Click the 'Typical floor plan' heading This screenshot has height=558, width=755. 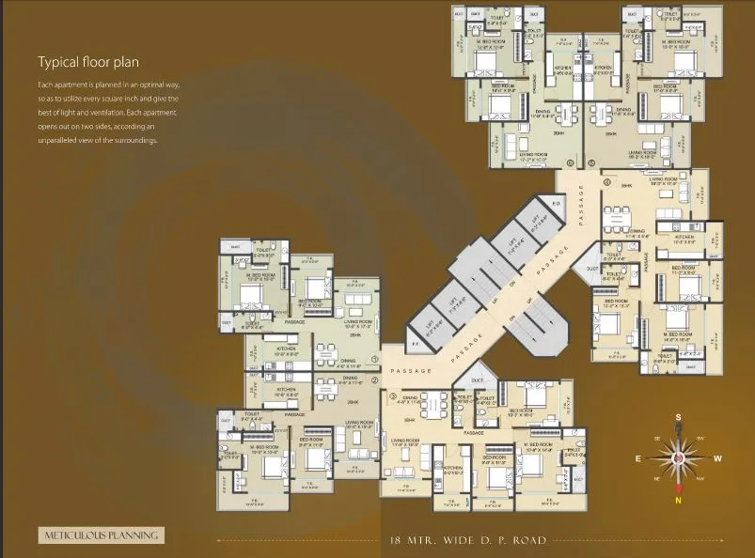click(88, 63)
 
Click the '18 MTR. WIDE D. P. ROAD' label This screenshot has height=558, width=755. click(468, 540)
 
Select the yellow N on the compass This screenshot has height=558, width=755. click(678, 500)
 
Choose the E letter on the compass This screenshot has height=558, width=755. click(637, 458)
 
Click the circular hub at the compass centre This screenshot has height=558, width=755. click(678, 458)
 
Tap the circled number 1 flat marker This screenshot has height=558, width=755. click(374, 359)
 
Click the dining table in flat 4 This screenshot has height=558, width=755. click(618, 213)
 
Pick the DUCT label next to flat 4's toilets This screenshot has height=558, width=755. click(591, 269)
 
